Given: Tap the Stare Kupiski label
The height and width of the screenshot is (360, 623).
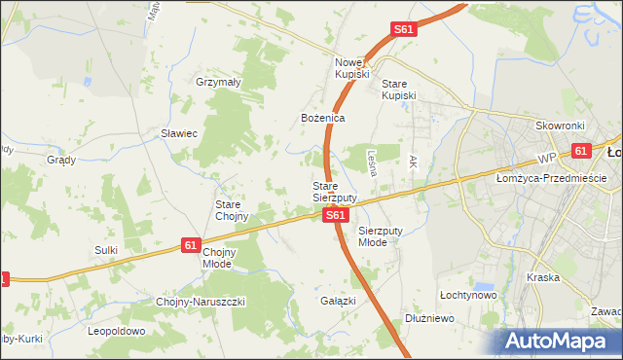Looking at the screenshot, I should point(398,90).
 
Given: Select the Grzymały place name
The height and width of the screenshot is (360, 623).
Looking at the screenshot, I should point(218,83).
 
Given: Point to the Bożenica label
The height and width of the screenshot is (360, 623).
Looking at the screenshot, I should point(323,118).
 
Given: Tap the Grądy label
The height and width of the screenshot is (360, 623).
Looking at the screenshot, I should point(61,160).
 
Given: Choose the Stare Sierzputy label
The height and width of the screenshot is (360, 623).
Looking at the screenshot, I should point(334,191).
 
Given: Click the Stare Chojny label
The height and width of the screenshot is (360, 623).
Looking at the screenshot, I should point(232,210).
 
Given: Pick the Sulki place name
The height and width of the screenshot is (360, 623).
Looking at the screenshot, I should point(106,250).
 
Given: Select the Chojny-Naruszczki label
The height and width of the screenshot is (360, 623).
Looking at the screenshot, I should point(201,302).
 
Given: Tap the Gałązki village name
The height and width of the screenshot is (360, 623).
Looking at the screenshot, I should point(338,301).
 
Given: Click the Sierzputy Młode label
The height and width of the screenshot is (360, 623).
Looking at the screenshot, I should point(379,236).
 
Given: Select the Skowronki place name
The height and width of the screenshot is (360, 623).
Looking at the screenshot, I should point(559,126).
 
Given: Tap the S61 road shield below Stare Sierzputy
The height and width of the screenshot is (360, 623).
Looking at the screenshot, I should point(334,216).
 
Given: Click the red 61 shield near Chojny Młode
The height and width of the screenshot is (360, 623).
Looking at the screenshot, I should point(192,247).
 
